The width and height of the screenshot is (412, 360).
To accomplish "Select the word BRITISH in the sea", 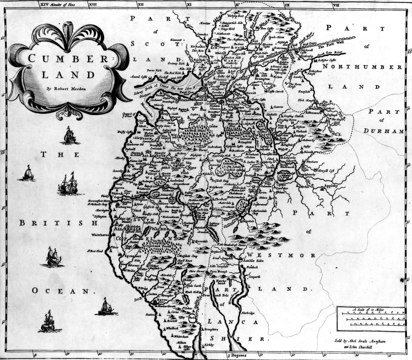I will pos(58,223).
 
